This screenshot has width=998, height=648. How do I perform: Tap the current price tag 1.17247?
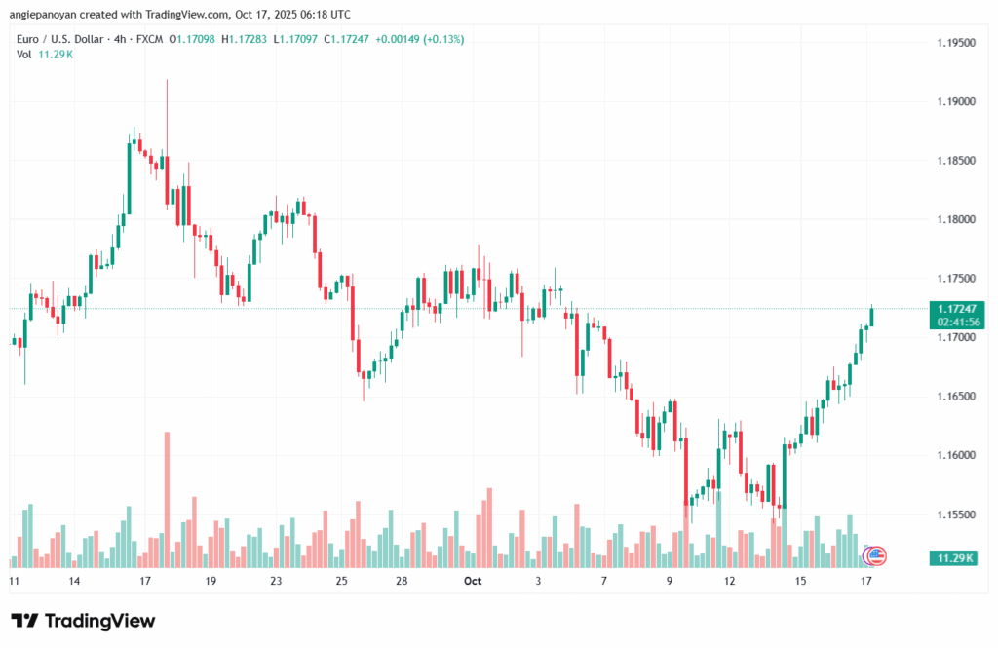coord(956,308)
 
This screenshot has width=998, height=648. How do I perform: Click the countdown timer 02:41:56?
coord(956,322)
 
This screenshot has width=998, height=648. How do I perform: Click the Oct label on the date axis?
coord(473,581)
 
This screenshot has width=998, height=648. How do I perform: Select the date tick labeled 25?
coord(341,581)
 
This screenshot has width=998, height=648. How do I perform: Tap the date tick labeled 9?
coord(670,581)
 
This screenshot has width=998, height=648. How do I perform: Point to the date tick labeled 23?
coord(276,581)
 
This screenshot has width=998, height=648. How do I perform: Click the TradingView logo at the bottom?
coord(83,621)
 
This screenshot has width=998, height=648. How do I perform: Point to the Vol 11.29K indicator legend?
coord(45,54)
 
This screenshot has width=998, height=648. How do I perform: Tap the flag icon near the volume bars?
coord(874,555)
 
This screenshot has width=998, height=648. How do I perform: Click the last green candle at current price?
coord(871,318)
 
